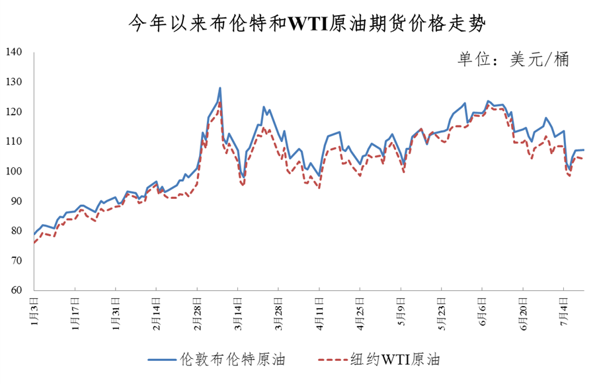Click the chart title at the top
[298, 24]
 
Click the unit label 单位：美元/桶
[513, 59]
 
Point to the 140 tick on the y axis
[14, 52]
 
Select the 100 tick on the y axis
[14, 171]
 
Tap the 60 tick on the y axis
[17, 290]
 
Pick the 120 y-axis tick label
[14, 112]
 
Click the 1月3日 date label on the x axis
[34, 308]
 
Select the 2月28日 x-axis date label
[197, 311]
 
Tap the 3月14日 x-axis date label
[238, 311]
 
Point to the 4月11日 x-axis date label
[319, 311]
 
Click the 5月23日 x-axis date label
[442, 311]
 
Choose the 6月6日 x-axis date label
[482, 308]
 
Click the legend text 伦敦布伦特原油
[232, 360]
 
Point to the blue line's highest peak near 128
[219, 88]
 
